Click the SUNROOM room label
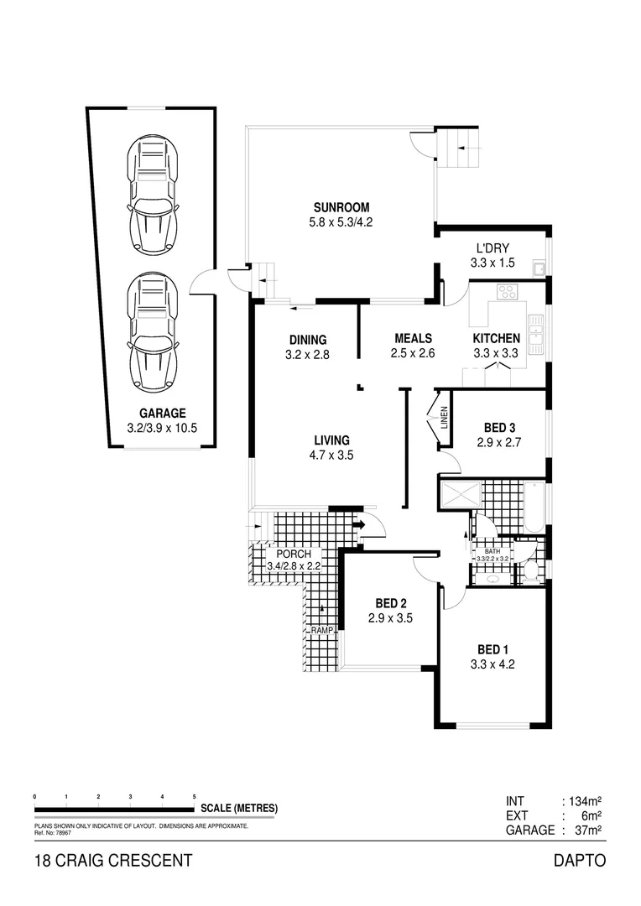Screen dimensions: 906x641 coord(341,208)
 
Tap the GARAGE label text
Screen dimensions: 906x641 coord(162,413)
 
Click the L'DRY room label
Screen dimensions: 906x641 coord(493,248)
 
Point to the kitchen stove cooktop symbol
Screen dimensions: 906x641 coord(507,292)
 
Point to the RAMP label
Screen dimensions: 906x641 coord(321,630)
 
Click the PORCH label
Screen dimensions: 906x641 coord(294,555)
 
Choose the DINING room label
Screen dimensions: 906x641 coord(308,340)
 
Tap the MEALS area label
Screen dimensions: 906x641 coord(413,339)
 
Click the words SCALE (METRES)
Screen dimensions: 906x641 coord(239,809)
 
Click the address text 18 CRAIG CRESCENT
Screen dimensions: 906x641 coord(113,861)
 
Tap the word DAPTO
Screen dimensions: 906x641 coord(580,861)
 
